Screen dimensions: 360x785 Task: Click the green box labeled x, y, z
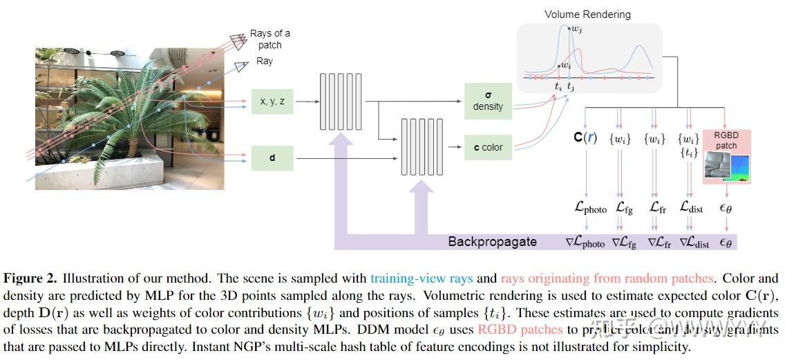pyautogui.click(x=272, y=102)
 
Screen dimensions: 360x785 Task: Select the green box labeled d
pyautogui.click(x=272, y=158)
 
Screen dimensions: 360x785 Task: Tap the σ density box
pyautogui.click(x=488, y=100)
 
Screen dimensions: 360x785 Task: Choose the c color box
pyautogui.click(x=488, y=147)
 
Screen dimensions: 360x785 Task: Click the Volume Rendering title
pyautogui.click(x=587, y=14)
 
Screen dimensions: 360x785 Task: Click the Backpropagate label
pyautogui.click(x=492, y=242)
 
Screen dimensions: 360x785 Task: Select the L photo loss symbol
pyautogui.click(x=590, y=207)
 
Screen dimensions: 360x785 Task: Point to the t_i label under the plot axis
pyautogui.click(x=558, y=86)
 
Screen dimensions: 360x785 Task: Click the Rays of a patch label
pyautogui.click(x=269, y=39)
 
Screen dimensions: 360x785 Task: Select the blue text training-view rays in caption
pyautogui.click(x=422, y=278)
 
